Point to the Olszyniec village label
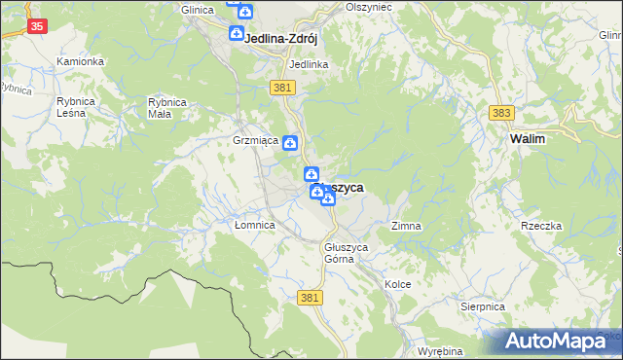[x=368, y=6]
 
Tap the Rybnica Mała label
[x=166, y=107]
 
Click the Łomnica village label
[x=256, y=225]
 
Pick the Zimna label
[x=406, y=226]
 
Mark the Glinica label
[x=198, y=9]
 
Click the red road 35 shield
[x=36, y=26]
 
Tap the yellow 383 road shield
[x=501, y=114]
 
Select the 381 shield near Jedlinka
[x=282, y=88]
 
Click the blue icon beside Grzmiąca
[x=290, y=142]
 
